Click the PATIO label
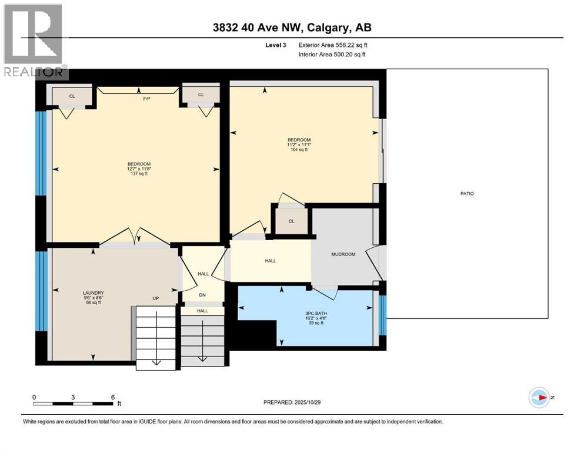point(467,194)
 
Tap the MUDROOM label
point(343,254)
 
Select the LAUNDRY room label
point(93,293)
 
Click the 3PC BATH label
point(316,314)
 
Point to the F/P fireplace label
point(146,99)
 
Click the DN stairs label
point(202,295)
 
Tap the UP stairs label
point(156,298)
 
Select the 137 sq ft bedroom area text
point(139,174)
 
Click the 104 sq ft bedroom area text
point(299,150)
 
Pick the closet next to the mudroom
point(292,221)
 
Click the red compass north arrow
point(543,398)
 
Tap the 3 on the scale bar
point(73,397)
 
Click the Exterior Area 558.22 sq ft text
point(333,45)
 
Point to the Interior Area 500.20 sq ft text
point(332,54)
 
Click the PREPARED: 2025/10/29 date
point(292,402)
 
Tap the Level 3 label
point(276,45)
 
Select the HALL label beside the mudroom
point(271,261)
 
